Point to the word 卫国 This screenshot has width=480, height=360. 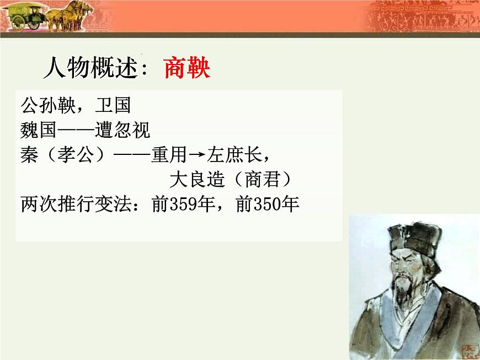coord(113,105)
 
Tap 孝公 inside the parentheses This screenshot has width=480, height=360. coord(75,156)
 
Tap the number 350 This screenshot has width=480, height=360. coord(268,205)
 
